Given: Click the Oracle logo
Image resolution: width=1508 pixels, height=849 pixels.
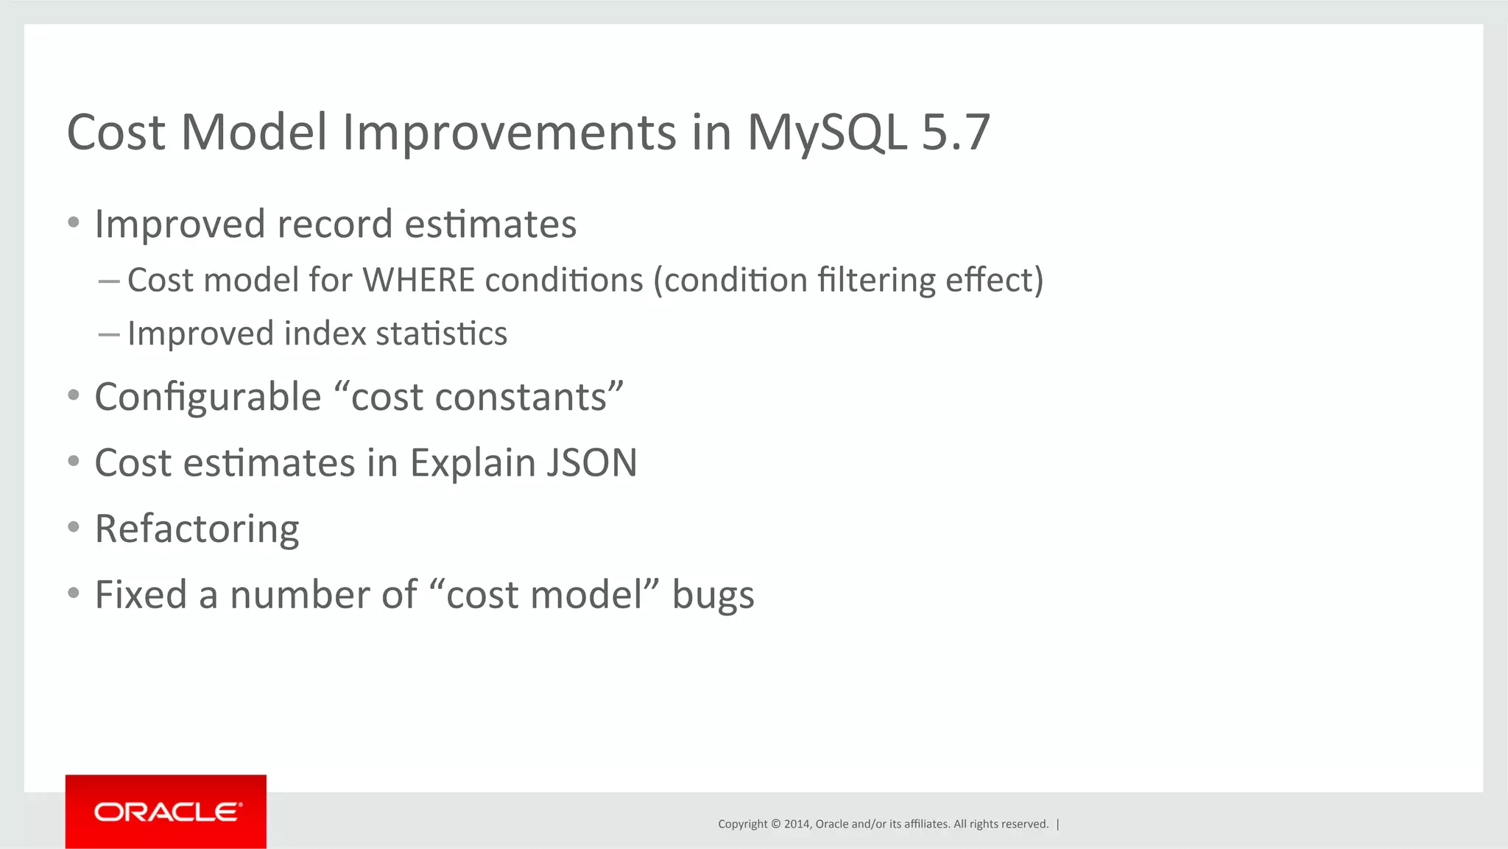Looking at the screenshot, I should (167, 811).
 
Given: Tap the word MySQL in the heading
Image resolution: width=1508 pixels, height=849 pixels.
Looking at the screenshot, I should (826, 133).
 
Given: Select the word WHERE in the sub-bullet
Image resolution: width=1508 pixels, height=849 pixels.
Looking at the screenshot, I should (418, 281).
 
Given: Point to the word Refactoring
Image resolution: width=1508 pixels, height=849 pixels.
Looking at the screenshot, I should (197, 529).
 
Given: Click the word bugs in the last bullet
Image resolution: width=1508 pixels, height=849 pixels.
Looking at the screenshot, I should (713, 596).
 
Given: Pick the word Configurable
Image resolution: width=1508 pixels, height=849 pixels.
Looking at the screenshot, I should (208, 398).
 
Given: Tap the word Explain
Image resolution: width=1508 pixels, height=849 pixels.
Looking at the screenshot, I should (472, 463).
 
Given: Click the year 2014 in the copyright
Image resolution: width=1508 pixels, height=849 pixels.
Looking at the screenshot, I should (797, 824).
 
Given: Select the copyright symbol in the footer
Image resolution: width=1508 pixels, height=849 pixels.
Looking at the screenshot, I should (775, 824).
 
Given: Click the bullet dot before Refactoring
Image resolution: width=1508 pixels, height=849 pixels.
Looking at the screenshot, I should (73, 527).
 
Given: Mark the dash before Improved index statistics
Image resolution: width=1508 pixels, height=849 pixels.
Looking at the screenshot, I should (108, 334).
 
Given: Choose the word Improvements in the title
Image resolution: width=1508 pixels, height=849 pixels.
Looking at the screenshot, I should (509, 133).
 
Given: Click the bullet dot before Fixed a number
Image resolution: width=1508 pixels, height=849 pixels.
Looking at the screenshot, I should (73, 593).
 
